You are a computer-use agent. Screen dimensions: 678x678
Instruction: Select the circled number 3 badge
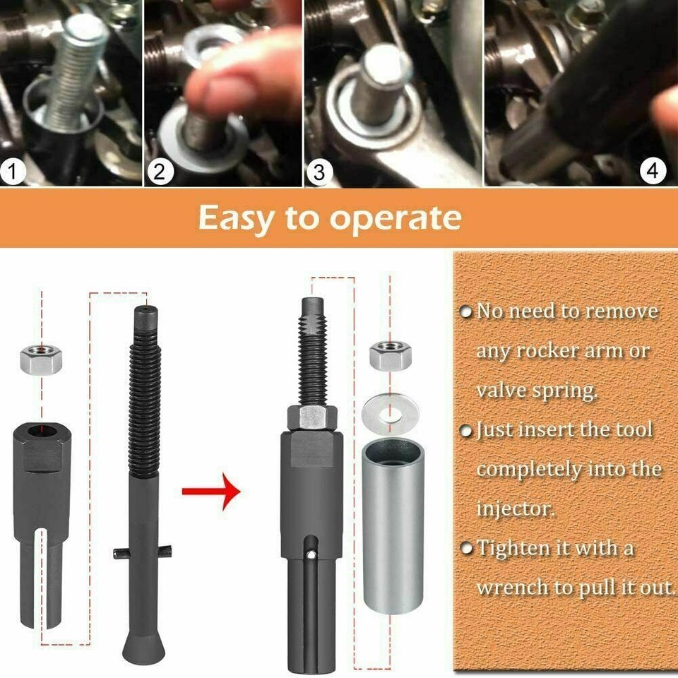[320, 170]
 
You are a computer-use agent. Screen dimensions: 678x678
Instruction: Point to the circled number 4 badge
[653, 170]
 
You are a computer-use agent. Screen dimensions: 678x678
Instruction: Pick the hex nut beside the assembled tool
[391, 355]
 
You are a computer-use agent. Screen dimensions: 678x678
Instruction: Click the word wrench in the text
[509, 587]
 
